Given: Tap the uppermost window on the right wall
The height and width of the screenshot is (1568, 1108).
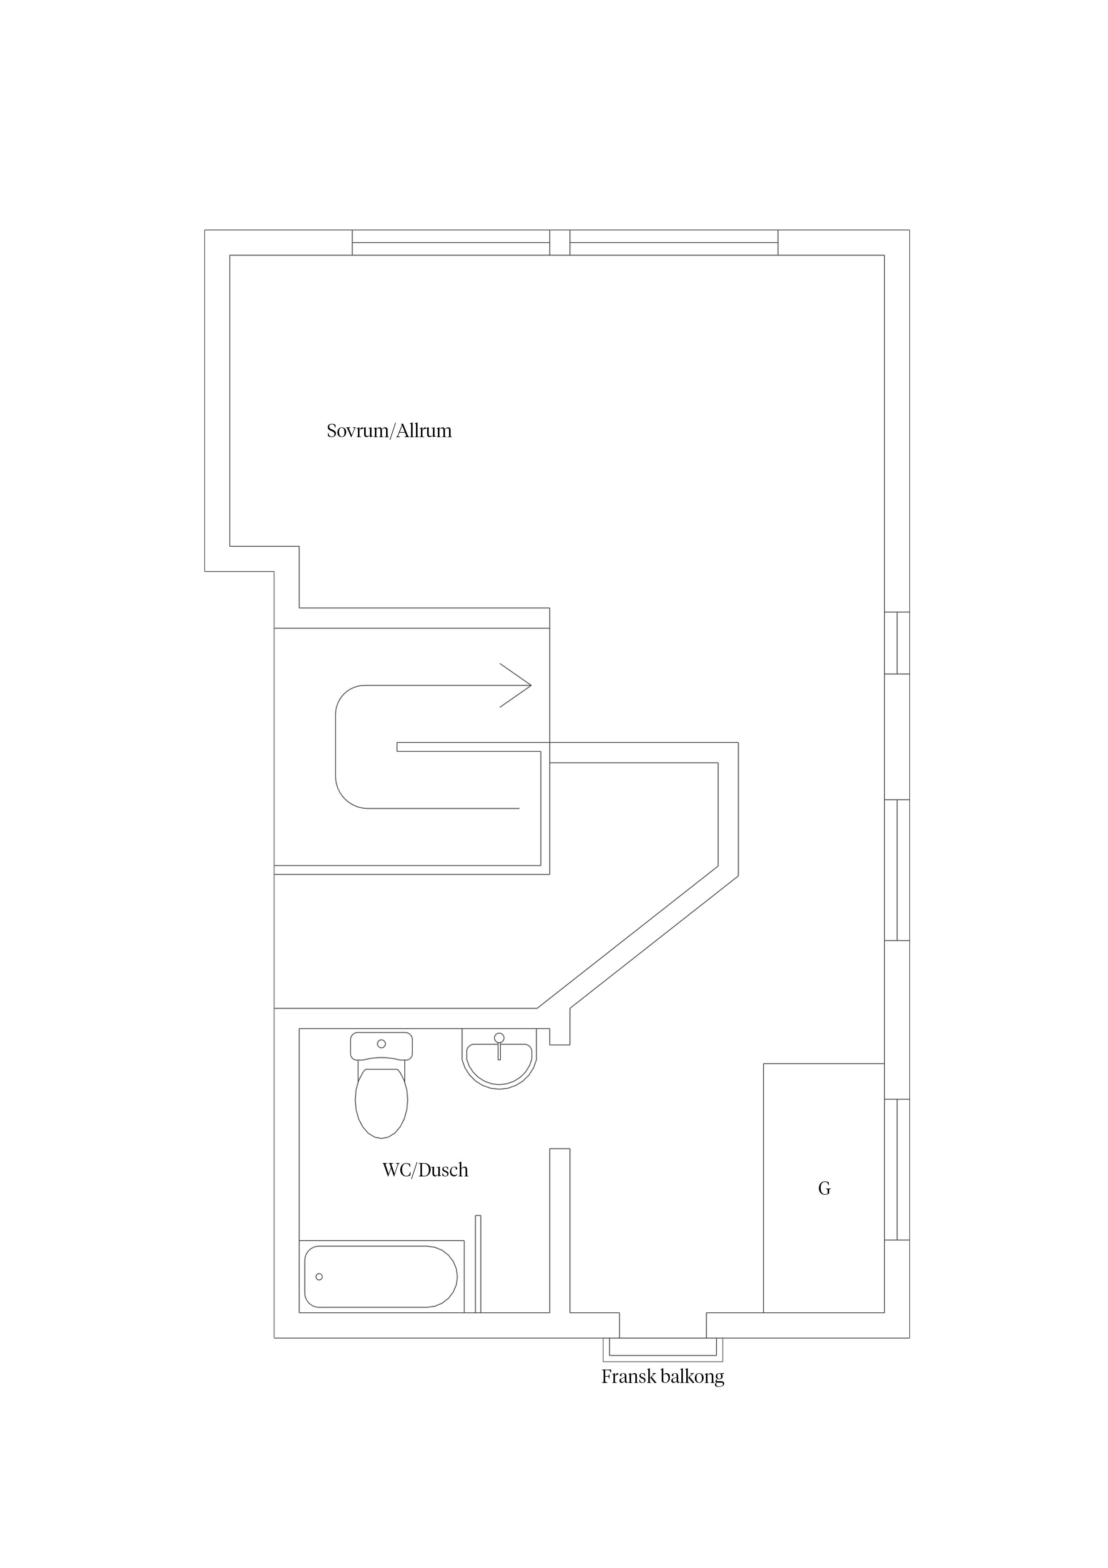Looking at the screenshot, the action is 897,643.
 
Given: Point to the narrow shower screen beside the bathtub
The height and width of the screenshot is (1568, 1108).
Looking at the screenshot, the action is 478,1264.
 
